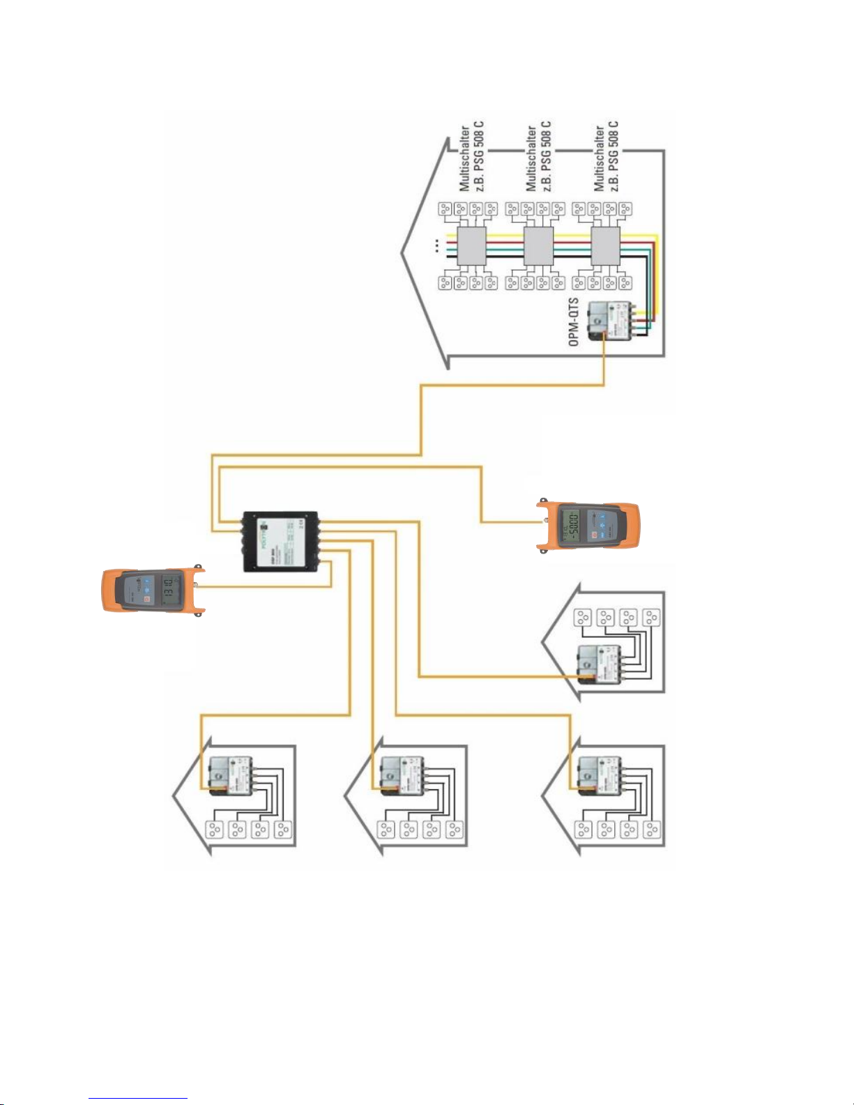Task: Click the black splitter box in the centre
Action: (x=280, y=542)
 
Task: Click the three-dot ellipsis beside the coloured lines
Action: (x=436, y=245)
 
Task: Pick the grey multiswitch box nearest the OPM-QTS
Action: (x=605, y=245)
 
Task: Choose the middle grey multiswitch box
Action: (x=538, y=245)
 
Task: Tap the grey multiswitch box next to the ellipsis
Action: (x=471, y=245)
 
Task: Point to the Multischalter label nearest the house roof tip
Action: (x=471, y=158)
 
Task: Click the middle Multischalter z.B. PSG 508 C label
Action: (x=538, y=158)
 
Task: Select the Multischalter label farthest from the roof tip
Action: (x=606, y=158)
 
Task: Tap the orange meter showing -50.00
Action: (x=589, y=524)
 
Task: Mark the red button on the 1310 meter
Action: (x=146, y=599)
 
